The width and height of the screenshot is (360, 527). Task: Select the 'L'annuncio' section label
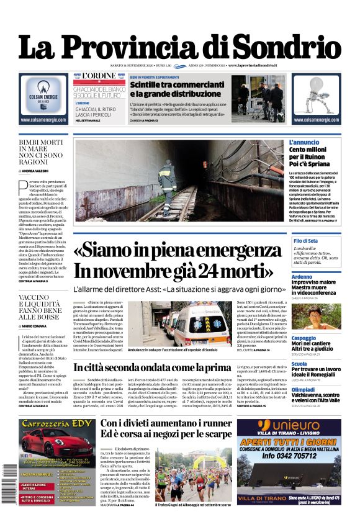pos(304,142)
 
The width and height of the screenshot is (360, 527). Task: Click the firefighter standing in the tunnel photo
pos(167,179)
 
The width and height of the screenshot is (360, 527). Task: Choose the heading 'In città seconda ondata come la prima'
pos(152,367)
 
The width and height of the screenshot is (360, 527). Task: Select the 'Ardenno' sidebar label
pos(302,276)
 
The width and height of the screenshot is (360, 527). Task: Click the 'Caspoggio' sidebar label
pos(304,338)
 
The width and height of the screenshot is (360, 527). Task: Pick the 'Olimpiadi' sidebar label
pos(304,389)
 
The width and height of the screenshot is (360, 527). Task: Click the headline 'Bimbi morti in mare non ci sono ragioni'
pos(41,154)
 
